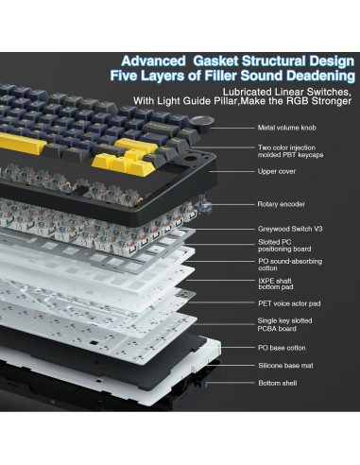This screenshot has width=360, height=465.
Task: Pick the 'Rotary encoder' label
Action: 281,203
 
